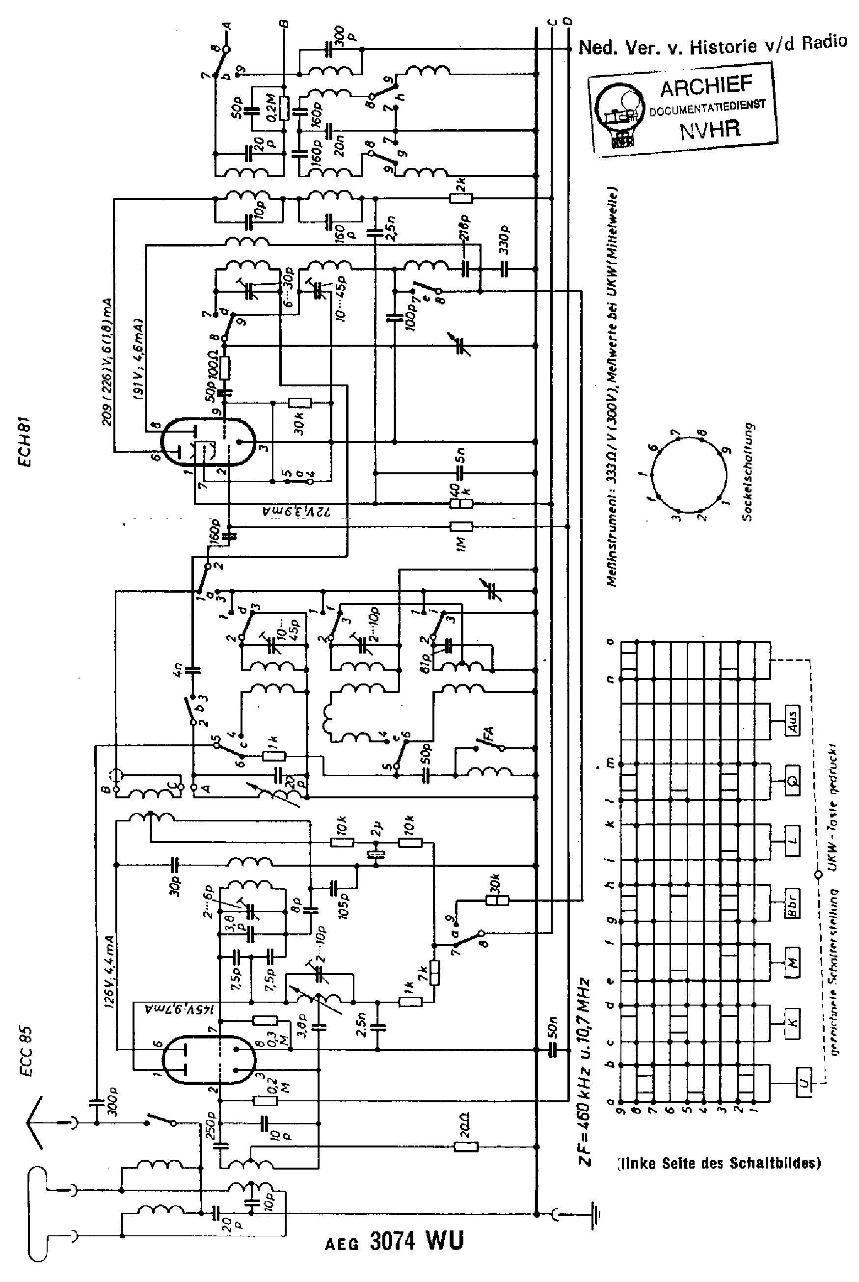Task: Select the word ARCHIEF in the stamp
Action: [x=706, y=86]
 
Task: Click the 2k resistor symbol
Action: [x=461, y=198]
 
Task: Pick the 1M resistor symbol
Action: [x=461, y=526]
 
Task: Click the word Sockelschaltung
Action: [x=749, y=472]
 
